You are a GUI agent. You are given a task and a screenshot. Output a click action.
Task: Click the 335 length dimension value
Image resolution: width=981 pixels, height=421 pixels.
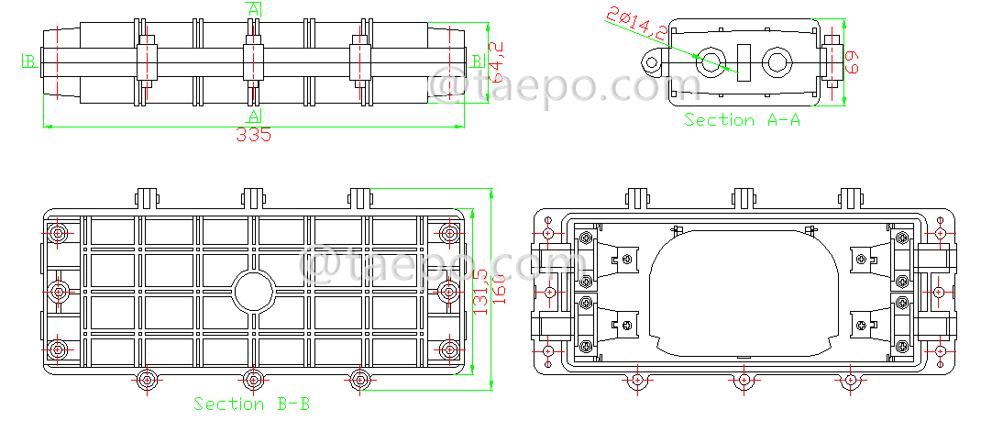point(254,135)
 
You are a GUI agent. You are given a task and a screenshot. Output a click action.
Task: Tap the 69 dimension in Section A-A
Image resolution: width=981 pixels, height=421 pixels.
point(852,62)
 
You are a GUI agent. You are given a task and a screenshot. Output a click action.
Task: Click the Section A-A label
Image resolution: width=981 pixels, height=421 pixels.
point(742,120)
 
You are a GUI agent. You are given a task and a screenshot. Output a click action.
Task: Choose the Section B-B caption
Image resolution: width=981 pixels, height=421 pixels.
point(252,404)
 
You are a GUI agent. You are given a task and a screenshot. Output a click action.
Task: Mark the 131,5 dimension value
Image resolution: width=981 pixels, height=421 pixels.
point(480,292)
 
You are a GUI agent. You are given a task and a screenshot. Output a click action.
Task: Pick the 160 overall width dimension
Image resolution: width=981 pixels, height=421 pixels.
point(500,292)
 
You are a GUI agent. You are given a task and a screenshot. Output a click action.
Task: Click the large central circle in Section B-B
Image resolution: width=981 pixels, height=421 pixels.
point(253,292)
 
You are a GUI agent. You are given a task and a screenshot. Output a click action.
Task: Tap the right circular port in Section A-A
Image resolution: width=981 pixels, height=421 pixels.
point(777,62)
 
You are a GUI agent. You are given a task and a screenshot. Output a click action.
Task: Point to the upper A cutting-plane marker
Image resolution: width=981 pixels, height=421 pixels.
point(253,8)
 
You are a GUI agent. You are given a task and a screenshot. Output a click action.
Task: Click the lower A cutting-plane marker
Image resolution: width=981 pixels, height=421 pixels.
point(254,115)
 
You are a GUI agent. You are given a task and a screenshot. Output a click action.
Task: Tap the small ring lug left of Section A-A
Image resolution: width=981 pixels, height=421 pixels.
point(651,63)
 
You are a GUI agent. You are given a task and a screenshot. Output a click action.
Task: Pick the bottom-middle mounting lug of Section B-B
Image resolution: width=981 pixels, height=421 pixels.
point(253,382)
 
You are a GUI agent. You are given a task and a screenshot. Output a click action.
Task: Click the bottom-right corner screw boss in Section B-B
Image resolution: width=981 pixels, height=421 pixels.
point(449,350)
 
